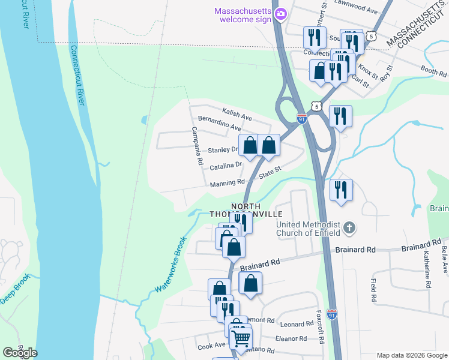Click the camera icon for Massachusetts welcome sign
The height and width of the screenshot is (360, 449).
tap(280, 14)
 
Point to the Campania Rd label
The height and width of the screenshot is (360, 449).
tap(197, 146)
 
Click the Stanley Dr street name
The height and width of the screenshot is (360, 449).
tap(223, 150)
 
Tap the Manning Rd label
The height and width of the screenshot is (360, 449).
tap(228, 182)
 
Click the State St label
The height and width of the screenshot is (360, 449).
tap(270, 173)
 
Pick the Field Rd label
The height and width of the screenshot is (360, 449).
tap(373, 289)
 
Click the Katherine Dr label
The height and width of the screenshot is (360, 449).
tap(427, 270)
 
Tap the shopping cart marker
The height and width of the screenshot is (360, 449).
tap(241, 338)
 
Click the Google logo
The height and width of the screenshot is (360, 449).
tap(20, 352)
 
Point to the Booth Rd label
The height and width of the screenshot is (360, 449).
tap(434, 71)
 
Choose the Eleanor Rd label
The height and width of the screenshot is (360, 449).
tap(291, 338)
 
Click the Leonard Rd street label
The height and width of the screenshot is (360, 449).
tap(297, 323)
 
